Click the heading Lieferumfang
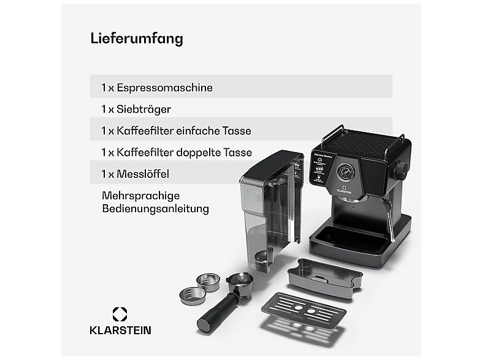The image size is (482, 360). (x=137, y=38)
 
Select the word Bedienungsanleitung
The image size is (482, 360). (x=155, y=209)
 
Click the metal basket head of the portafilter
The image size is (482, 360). (x=240, y=285)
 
